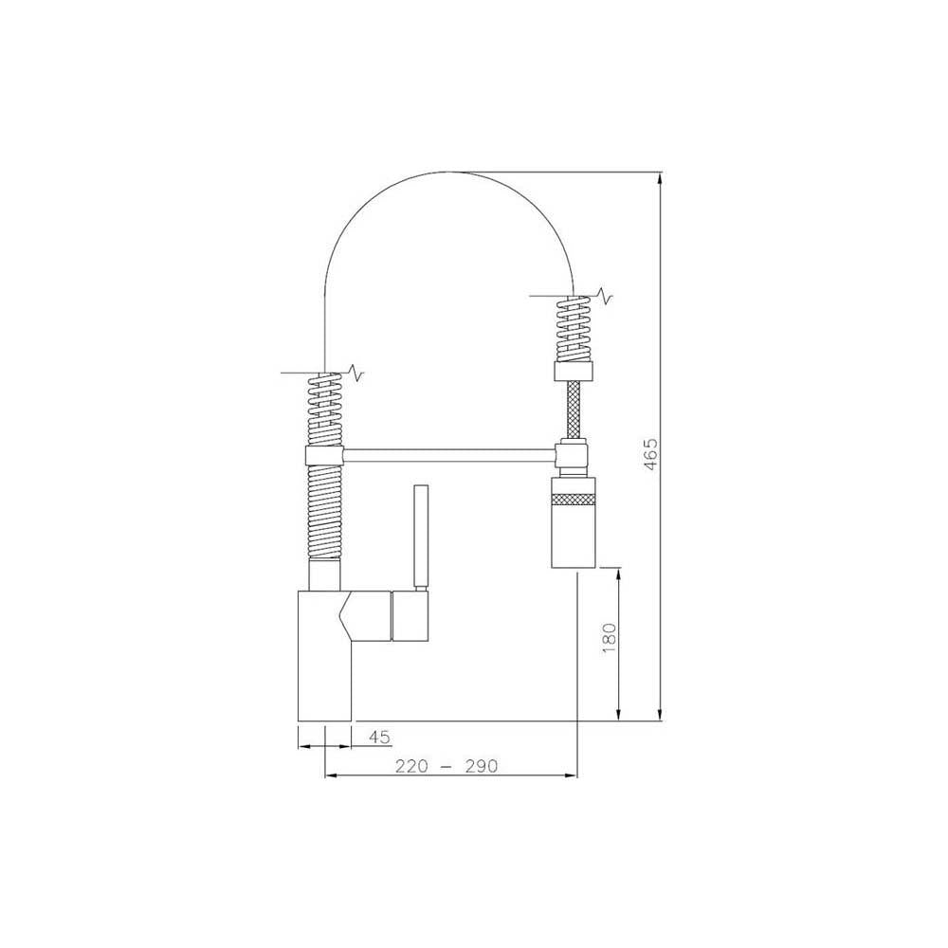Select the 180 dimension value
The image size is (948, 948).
tap(609, 635)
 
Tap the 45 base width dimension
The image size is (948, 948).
tap(379, 736)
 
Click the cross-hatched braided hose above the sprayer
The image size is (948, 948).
tap(574, 410)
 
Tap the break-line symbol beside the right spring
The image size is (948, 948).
tap(604, 299)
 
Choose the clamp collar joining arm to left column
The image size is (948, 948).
tap(325, 455)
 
